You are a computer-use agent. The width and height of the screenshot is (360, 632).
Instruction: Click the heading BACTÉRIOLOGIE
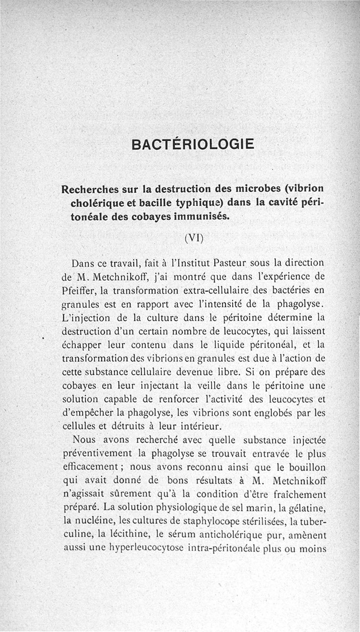tap(193, 144)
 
